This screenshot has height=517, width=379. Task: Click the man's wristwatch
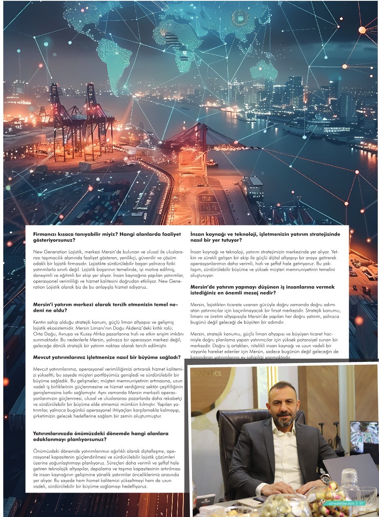[x=325, y=480]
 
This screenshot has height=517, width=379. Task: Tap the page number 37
[x=361, y=503]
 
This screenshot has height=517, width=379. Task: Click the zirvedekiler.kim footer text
[x=341, y=503]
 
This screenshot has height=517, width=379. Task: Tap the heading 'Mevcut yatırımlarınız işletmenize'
[x=106, y=357]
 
